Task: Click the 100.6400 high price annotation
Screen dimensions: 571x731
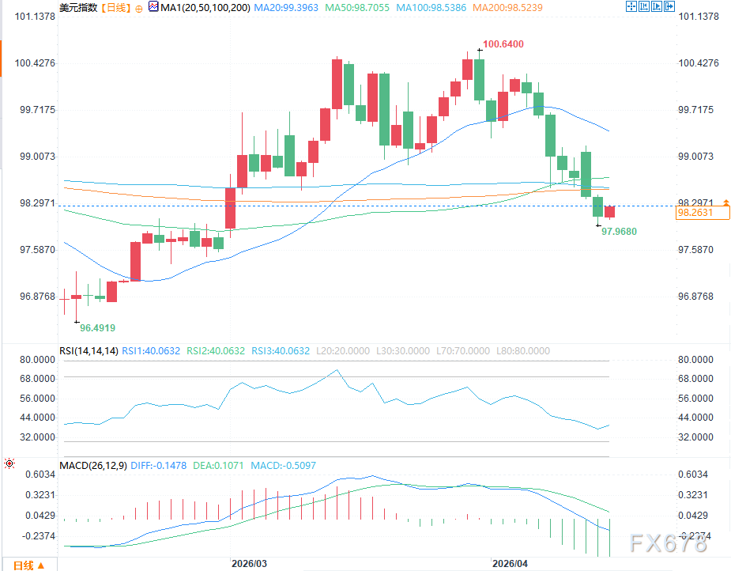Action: [503, 44]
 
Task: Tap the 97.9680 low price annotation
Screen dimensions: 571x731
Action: [619, 231]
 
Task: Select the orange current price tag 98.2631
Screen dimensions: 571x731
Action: [695, 213]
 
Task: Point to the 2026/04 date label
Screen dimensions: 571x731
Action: [510, 564]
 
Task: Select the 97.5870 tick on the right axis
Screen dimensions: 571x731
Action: [701, 250]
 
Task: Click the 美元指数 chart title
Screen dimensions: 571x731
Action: [78, 7]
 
